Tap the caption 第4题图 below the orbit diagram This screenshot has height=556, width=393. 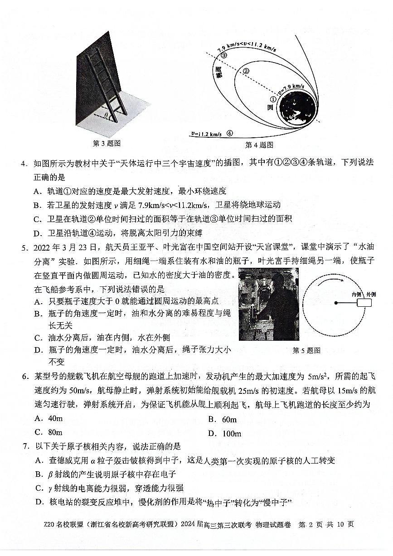click(x=259, y=145)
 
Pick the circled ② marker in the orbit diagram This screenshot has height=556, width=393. click(x=246, y=71)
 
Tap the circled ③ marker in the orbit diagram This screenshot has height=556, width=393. click(x=224, y=55)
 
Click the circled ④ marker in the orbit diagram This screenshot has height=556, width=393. click(x=230, y=133)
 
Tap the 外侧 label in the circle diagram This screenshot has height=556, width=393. click(x=371, y=294)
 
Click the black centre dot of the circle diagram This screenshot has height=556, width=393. click(x=336, y=302)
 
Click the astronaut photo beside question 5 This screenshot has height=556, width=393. click(x=268, y=304)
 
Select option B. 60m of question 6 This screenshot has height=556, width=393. click(x=222, y=420)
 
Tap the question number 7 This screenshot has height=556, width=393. click(x=26, y=447)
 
